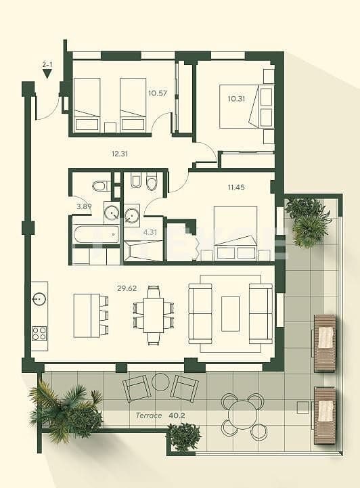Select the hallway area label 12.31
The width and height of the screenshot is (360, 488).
(x=120, y=154)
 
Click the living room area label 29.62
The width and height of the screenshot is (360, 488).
(x=127, y=288)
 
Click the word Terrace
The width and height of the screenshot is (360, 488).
(x=148, y=415)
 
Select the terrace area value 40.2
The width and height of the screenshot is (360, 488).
(x=177, y=415)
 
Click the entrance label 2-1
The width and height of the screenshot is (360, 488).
(x=47, y=64)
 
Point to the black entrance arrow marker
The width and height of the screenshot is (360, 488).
(x=47, y=74)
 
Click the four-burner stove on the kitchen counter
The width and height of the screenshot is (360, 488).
(x=39, y=333)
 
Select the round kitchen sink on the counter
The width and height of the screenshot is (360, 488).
(x=39, y=298)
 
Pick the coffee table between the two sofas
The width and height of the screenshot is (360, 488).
(x=230, y=313)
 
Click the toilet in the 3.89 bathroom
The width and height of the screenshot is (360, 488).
(x=100, y=185)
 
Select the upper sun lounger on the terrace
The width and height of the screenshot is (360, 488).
(x=325, y=342)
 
